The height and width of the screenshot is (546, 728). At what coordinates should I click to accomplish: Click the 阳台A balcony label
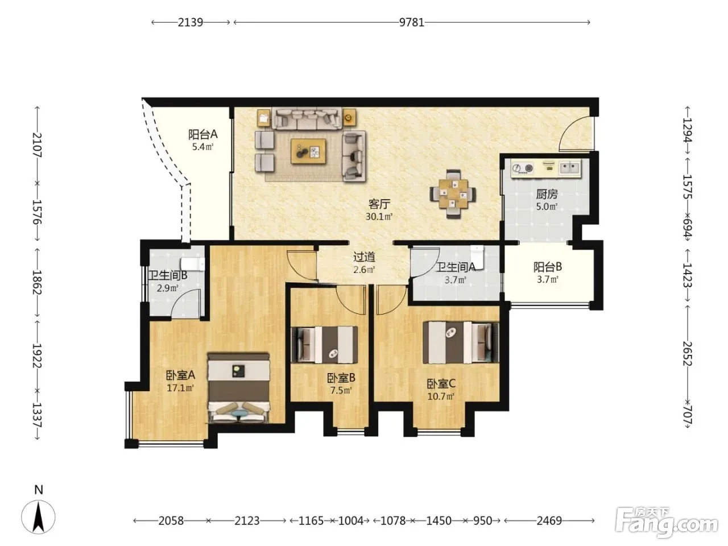tap(202, 135)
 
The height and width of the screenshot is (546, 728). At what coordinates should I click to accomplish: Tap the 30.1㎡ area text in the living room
tap(379, 217)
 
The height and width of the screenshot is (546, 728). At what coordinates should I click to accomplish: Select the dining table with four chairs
tap(453, 194)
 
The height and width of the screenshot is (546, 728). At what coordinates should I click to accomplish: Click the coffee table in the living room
tap(308, 151)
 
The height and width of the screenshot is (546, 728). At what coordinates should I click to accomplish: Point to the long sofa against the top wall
tap(307, 118)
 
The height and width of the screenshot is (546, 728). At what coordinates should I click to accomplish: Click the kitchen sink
tap(570, 167)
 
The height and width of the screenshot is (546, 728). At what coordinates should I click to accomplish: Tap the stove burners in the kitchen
tap(523, 168)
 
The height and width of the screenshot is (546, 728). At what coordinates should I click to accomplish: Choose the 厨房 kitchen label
tap(547, 194)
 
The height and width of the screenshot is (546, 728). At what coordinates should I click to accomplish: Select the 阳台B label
tap(547, 267)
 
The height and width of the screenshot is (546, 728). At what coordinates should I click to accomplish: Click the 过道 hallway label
tap(364, 257)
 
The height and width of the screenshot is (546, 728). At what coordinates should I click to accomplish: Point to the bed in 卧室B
tap(324, 345)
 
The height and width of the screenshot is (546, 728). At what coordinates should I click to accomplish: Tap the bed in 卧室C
tap(461, 342)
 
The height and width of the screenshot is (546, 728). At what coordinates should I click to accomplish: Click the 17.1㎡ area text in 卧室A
tap(180, 387)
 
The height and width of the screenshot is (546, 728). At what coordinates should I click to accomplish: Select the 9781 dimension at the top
tap(412, 22)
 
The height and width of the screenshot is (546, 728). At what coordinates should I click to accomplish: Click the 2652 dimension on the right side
tap(687, 354)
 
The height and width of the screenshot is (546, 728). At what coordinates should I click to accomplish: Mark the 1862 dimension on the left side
tap(37, 283)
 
